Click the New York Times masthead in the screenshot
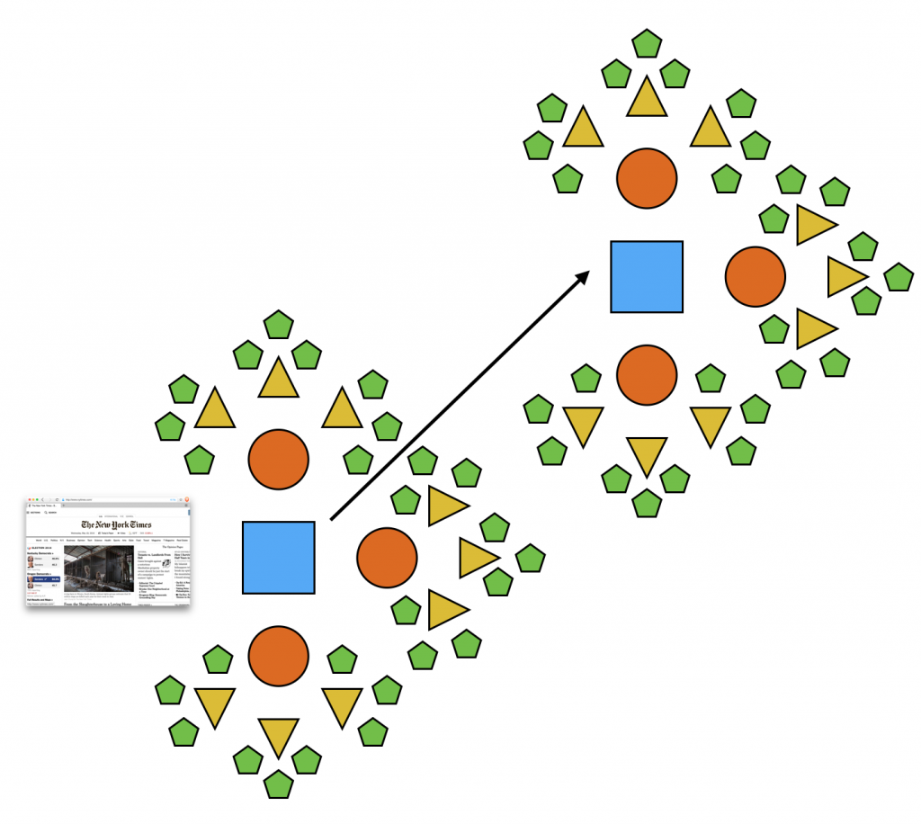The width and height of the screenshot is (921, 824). tap(116, 524)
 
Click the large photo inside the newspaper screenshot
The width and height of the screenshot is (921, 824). tap(98, 568)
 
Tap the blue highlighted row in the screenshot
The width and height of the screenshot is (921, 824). tap(43, 579)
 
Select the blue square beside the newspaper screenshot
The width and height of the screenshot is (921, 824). tap(278, 558)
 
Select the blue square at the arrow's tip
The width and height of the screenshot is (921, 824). tap(647, 276)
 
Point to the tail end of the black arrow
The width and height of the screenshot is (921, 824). tap(332, 519)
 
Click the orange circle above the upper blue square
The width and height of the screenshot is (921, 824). tap(647, 177)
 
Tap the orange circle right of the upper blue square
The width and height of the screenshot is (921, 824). tap(756, 276)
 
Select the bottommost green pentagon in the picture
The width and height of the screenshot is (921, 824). tap(278, 784)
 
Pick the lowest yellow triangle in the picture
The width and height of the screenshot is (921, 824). tap(278, 735)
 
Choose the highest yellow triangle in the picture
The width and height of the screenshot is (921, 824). tap(647, 97)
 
